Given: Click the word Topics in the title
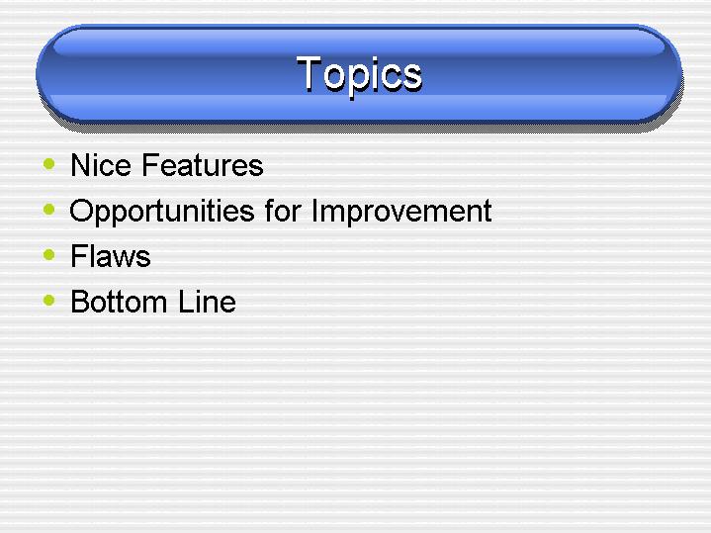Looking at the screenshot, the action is coord(360,75).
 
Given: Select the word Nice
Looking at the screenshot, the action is coord(101,165).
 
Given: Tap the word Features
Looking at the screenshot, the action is coord(203,165).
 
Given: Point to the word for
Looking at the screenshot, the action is coord(284,211).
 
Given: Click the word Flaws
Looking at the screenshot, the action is coord(110,256).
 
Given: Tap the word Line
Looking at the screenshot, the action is coord(207,302).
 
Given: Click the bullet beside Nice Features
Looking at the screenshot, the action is coord(49,164).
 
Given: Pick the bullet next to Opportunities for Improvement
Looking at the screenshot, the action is coord(49,209).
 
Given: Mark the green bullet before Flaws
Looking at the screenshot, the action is coord(49,254).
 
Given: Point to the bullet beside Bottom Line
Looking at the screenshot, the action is coord(49,300).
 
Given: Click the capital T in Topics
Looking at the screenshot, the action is coord(309,71).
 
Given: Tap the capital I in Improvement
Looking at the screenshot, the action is coord(314,211).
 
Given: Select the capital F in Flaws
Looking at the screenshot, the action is coord(78,256).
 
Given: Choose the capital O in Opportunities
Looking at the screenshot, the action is coord(81,211).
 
